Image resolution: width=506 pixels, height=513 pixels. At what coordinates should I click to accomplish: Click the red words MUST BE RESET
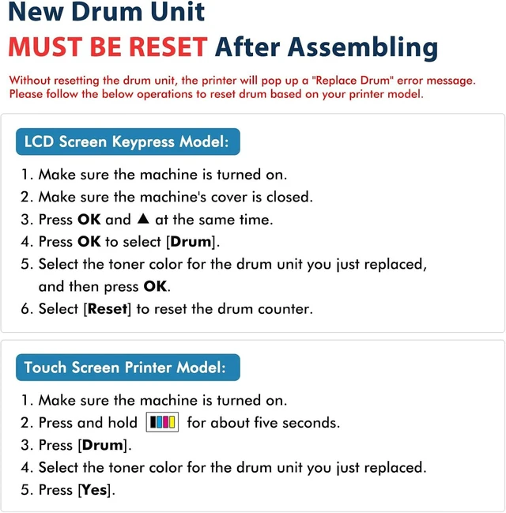tap(108, 47)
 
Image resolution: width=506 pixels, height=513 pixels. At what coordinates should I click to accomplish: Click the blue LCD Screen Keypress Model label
tap(127, 141)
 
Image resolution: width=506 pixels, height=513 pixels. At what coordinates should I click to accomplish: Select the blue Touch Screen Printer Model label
tap(127, 368)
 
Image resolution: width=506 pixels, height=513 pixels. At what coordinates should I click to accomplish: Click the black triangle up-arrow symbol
tap(143, 218)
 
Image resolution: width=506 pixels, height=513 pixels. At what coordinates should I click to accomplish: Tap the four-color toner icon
tap(162, 422)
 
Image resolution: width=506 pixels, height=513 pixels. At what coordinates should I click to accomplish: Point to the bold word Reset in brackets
tap(108, 308)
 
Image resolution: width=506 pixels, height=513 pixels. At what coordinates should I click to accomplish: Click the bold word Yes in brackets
tap(94, 490)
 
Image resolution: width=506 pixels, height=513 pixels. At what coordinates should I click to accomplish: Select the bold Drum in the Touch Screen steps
tap(103, 445)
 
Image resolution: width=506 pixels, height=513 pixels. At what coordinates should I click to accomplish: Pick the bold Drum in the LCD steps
tap(191, 242)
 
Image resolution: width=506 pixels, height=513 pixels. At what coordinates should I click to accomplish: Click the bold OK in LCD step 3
tap(89, 219)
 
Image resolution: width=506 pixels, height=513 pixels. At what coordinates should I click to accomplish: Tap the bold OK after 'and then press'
tap(155, 286)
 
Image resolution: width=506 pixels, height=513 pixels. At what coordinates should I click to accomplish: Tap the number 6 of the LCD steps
tap(25, 309)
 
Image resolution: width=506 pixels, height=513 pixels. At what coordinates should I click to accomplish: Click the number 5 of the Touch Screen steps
tap(25, 490)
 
